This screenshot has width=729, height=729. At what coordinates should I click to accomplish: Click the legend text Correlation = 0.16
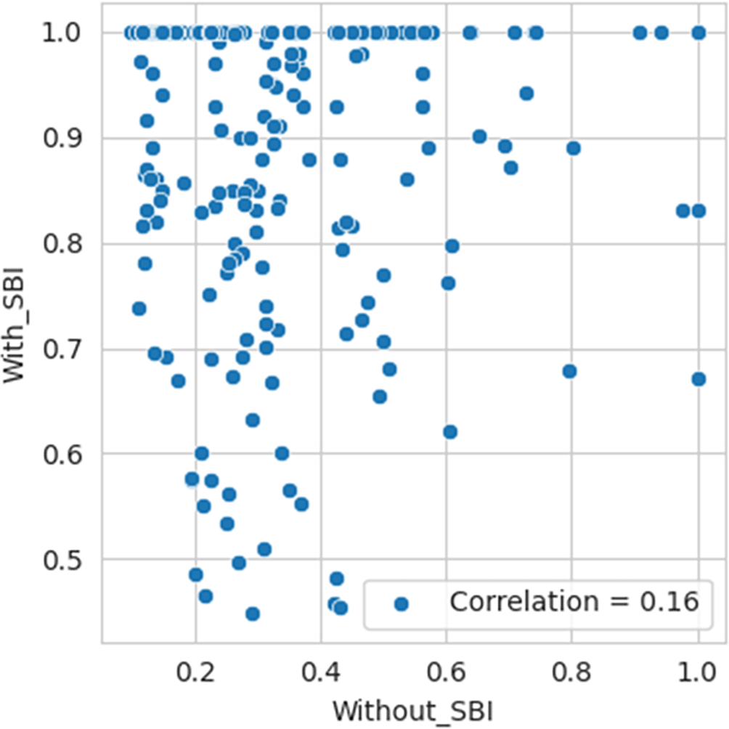point(574,602)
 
